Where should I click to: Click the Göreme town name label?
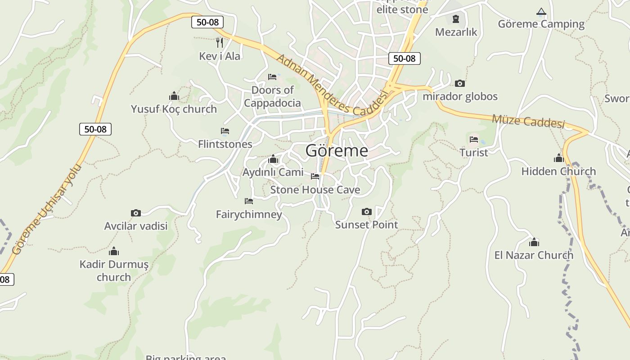point(337,151)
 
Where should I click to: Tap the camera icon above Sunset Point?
point(367,211)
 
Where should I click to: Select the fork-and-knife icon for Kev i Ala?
point(220,43)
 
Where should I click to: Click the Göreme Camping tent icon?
point(541,12)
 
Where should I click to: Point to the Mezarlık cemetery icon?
point(456,19)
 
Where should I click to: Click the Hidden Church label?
point(558,171)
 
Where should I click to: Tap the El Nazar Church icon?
point(534,243)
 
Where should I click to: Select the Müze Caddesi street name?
point(528,121)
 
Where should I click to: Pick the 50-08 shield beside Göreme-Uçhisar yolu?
point(95,129)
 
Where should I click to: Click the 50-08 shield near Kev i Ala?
point(207,22)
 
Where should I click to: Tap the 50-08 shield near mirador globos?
point(404,58)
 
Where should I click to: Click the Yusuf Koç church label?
point(174,109)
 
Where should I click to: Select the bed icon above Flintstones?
point(225,131)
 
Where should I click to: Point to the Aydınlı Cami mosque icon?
point(273,159)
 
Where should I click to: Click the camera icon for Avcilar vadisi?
point(135,213)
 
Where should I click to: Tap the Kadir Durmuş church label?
point(114,270)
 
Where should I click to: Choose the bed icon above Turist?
point(473,139)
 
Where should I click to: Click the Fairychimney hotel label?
point(249,214)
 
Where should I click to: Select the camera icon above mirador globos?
point(459,83)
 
